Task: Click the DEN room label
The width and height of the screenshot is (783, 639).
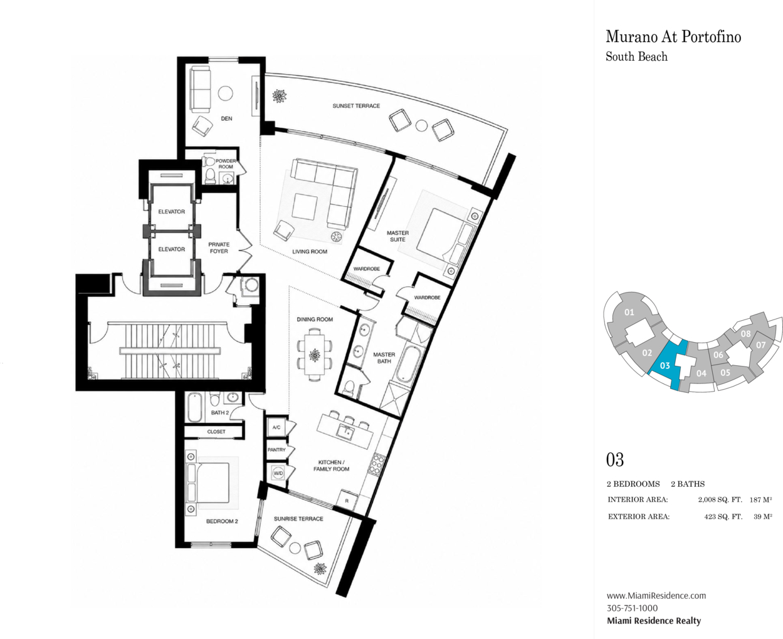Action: (x=226, y=118)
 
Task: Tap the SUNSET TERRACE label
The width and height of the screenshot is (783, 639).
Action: (x=356, y=106)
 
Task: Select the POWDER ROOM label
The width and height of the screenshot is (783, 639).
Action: (x=226, y=164)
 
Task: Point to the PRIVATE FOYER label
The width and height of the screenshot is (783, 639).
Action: (x=219, y=247)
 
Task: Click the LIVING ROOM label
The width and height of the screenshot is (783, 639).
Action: (x=310, y=252)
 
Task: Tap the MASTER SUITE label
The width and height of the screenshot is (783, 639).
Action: (x=397, y=236)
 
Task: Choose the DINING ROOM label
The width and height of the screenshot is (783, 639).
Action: (x=315, y=319)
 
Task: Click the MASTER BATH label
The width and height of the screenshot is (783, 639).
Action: (x=384, y=358)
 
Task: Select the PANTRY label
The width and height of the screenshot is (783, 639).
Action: (x=276, y=450)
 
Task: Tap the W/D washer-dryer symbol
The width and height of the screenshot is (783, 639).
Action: (x=278, y=474)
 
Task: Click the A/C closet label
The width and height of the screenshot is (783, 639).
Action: (x=276, y=427)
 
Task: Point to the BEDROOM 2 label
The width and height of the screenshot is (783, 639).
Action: (x=222, y=521)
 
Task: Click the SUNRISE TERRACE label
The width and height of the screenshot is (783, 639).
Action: (x=298, y=518)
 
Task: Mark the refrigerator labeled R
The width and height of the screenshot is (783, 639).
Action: (x=347, y=501)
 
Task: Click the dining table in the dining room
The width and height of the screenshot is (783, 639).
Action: (x=315, y=355)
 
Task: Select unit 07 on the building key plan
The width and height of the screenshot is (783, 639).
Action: (x=760, y=345)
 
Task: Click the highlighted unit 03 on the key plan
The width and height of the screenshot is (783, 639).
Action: (x=666, y=365)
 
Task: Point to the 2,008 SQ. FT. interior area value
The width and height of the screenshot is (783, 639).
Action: (x=720, y=499)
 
